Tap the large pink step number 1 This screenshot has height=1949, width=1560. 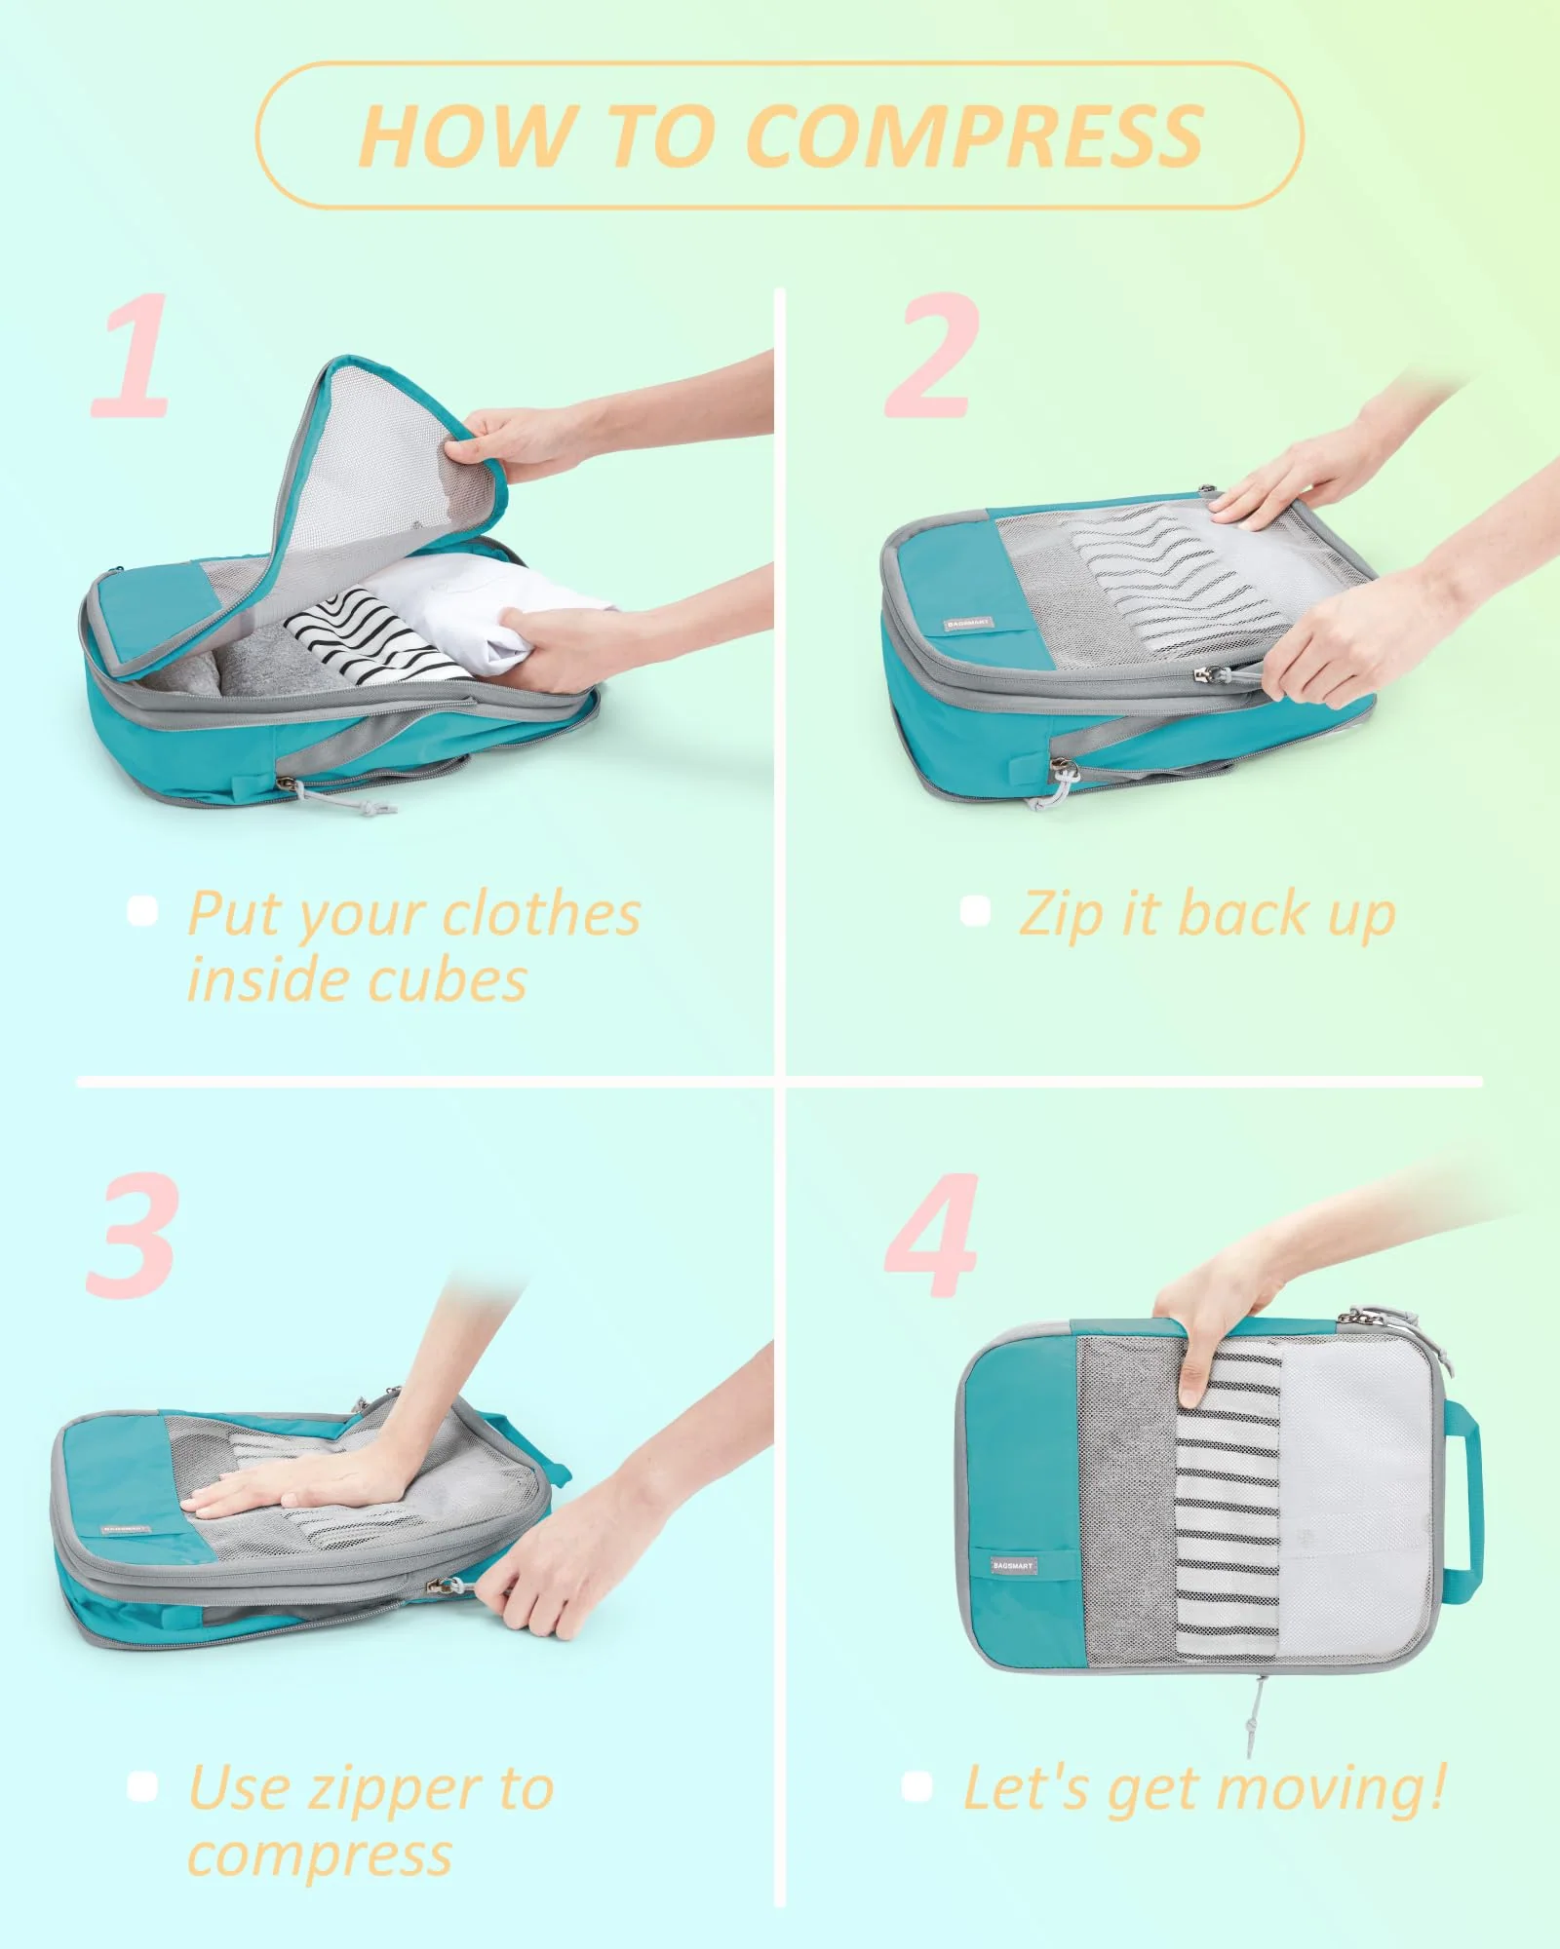point(132,356)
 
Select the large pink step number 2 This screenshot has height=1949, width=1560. point(931,356)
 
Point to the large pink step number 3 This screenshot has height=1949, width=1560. point(132,1236)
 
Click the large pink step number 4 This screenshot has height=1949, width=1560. point(931,1236)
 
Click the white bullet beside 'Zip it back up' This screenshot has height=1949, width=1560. point(975,911)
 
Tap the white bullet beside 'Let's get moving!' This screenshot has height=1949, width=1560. point(917,1786)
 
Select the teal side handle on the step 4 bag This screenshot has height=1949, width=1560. point(1465,1501)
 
